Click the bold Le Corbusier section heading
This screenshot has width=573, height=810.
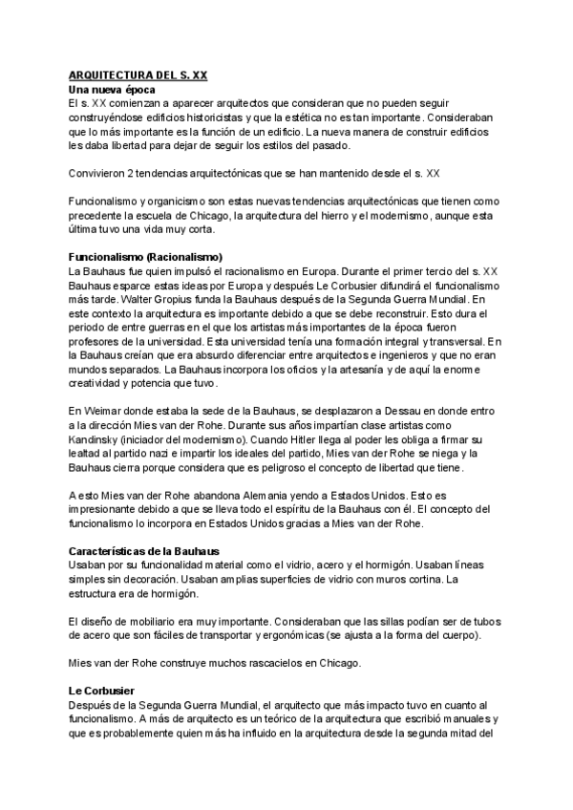100,690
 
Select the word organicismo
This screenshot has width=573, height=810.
180,202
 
